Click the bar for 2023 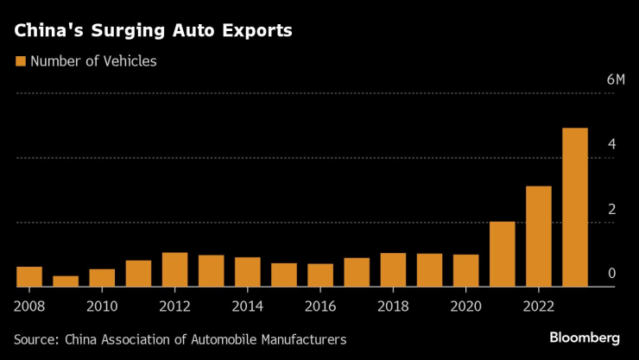coord(575,207)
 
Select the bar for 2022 coord(538,237)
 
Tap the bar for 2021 coord(502,254)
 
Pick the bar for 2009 coord(66,281)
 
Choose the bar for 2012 coord(174,269)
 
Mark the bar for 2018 coord(393,269)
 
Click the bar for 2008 coord(29,276)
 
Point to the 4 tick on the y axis coord(611,144)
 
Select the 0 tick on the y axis coord(611,274)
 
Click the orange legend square coord(20,61)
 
